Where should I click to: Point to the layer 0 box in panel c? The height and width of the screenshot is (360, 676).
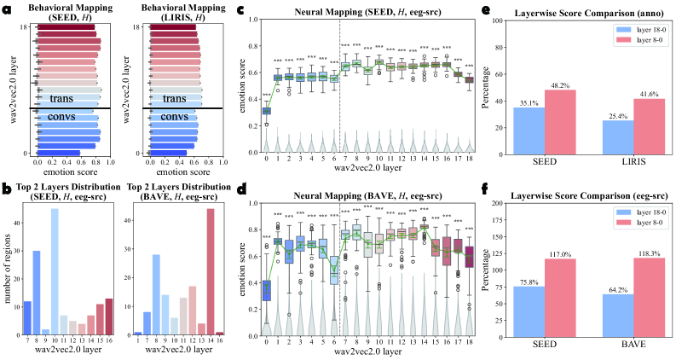tap(267, 110)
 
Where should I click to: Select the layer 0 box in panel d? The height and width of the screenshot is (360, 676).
tap(267, 290)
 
